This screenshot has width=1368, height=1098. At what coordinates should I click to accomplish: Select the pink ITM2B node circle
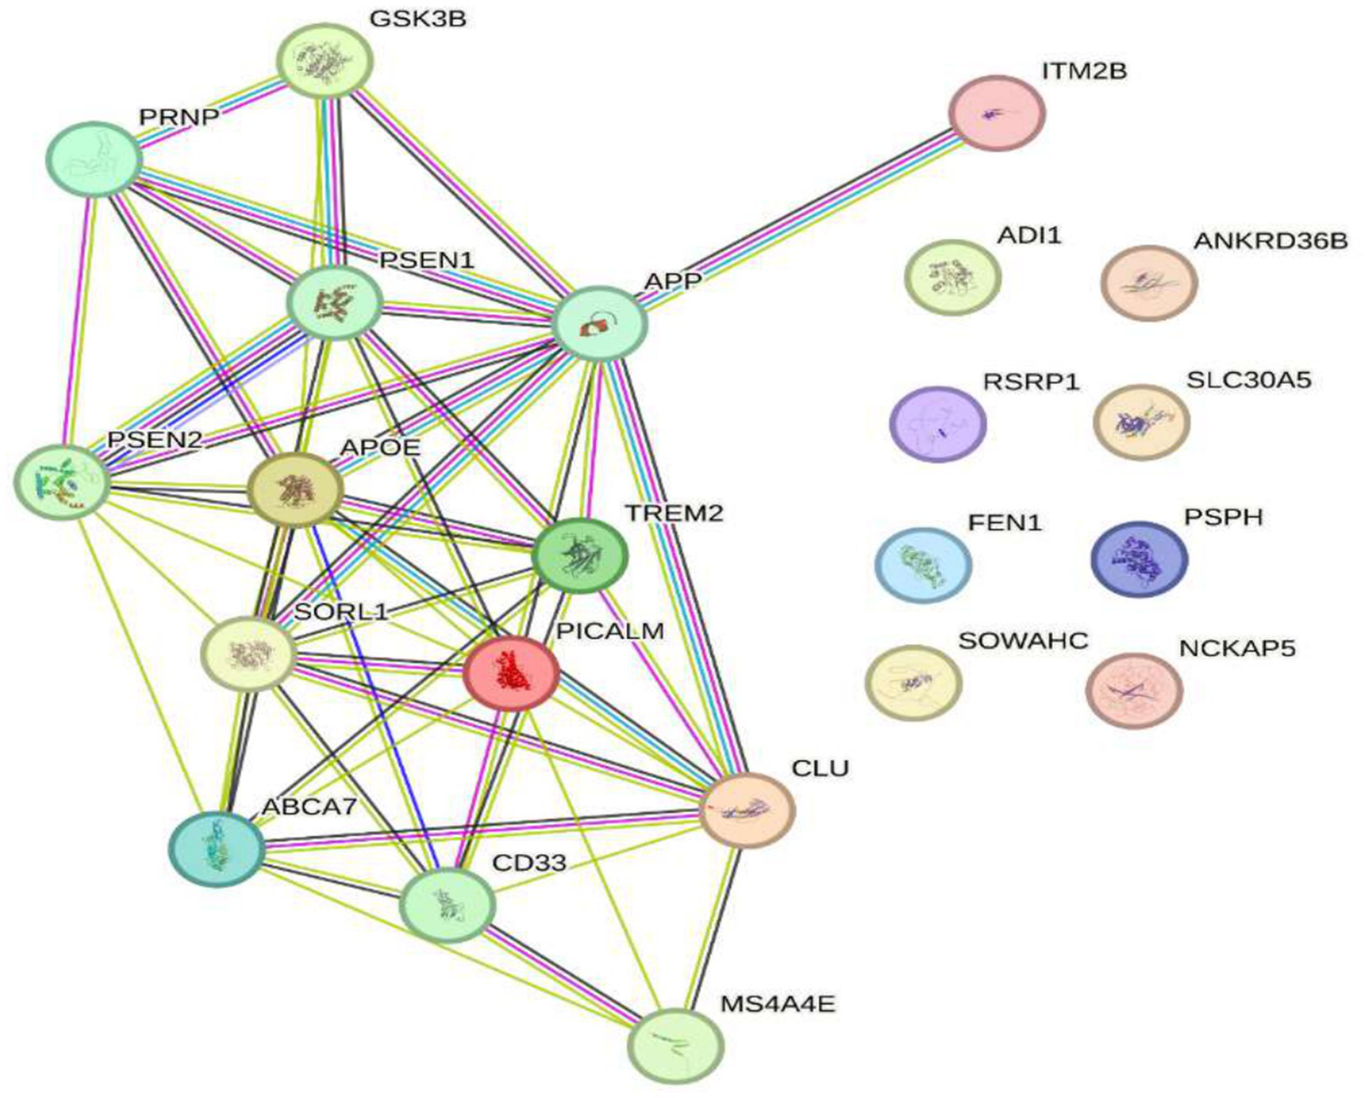click(996, 113)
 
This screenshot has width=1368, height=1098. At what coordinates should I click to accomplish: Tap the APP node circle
click(600, 324)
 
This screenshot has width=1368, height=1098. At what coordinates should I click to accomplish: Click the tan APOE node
click(295, 488)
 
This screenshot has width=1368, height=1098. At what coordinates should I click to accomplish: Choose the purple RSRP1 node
click(938, 424)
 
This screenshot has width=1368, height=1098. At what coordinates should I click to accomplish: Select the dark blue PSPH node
click(1140, 560)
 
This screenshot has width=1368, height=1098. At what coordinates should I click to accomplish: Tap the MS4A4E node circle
click(676, 1045)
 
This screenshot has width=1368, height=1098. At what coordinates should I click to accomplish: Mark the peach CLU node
click(747, 810)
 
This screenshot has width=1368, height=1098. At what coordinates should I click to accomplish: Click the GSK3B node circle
click(324, 61)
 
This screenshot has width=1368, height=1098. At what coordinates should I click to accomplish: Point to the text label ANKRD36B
click(1271, 241)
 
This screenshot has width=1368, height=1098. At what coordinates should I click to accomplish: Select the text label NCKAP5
click(1237, 647)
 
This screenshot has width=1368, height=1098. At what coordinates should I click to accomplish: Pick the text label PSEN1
click(427, 260)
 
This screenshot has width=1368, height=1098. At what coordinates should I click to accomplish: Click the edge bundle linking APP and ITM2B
click(798, 218)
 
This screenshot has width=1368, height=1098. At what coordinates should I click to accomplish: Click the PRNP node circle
click(94, 160)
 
